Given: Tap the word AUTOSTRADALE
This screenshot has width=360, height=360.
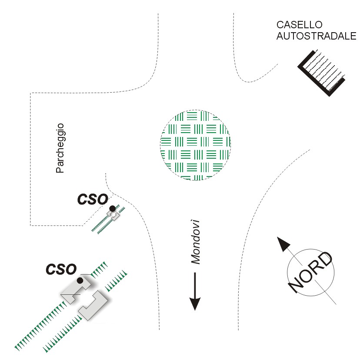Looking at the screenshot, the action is click(317, 36).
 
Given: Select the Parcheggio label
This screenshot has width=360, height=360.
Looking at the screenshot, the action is click(60, 148).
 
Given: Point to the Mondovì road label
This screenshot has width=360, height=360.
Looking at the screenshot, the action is click(195, 242).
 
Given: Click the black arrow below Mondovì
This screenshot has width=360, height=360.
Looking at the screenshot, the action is click(195, 291).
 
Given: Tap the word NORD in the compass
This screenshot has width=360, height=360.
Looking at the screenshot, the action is click(310, 273).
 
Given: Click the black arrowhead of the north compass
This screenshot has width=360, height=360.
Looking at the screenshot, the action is click(283, 244).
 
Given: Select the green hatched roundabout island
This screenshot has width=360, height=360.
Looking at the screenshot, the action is click(195, 145).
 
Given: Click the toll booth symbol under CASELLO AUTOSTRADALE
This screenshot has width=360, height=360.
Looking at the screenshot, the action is click(321, 73).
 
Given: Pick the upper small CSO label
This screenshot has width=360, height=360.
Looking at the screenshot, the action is click(93, 199).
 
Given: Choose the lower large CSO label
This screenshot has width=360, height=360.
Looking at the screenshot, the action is click(61, 269).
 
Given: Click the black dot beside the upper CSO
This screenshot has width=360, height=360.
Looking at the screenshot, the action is click(113, 209).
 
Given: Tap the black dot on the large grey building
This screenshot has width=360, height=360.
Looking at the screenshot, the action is click(80, 280).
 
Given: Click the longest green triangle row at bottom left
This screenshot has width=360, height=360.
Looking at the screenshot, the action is click(40, 327).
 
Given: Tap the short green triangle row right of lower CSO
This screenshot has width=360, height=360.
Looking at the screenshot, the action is click(116, 281).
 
